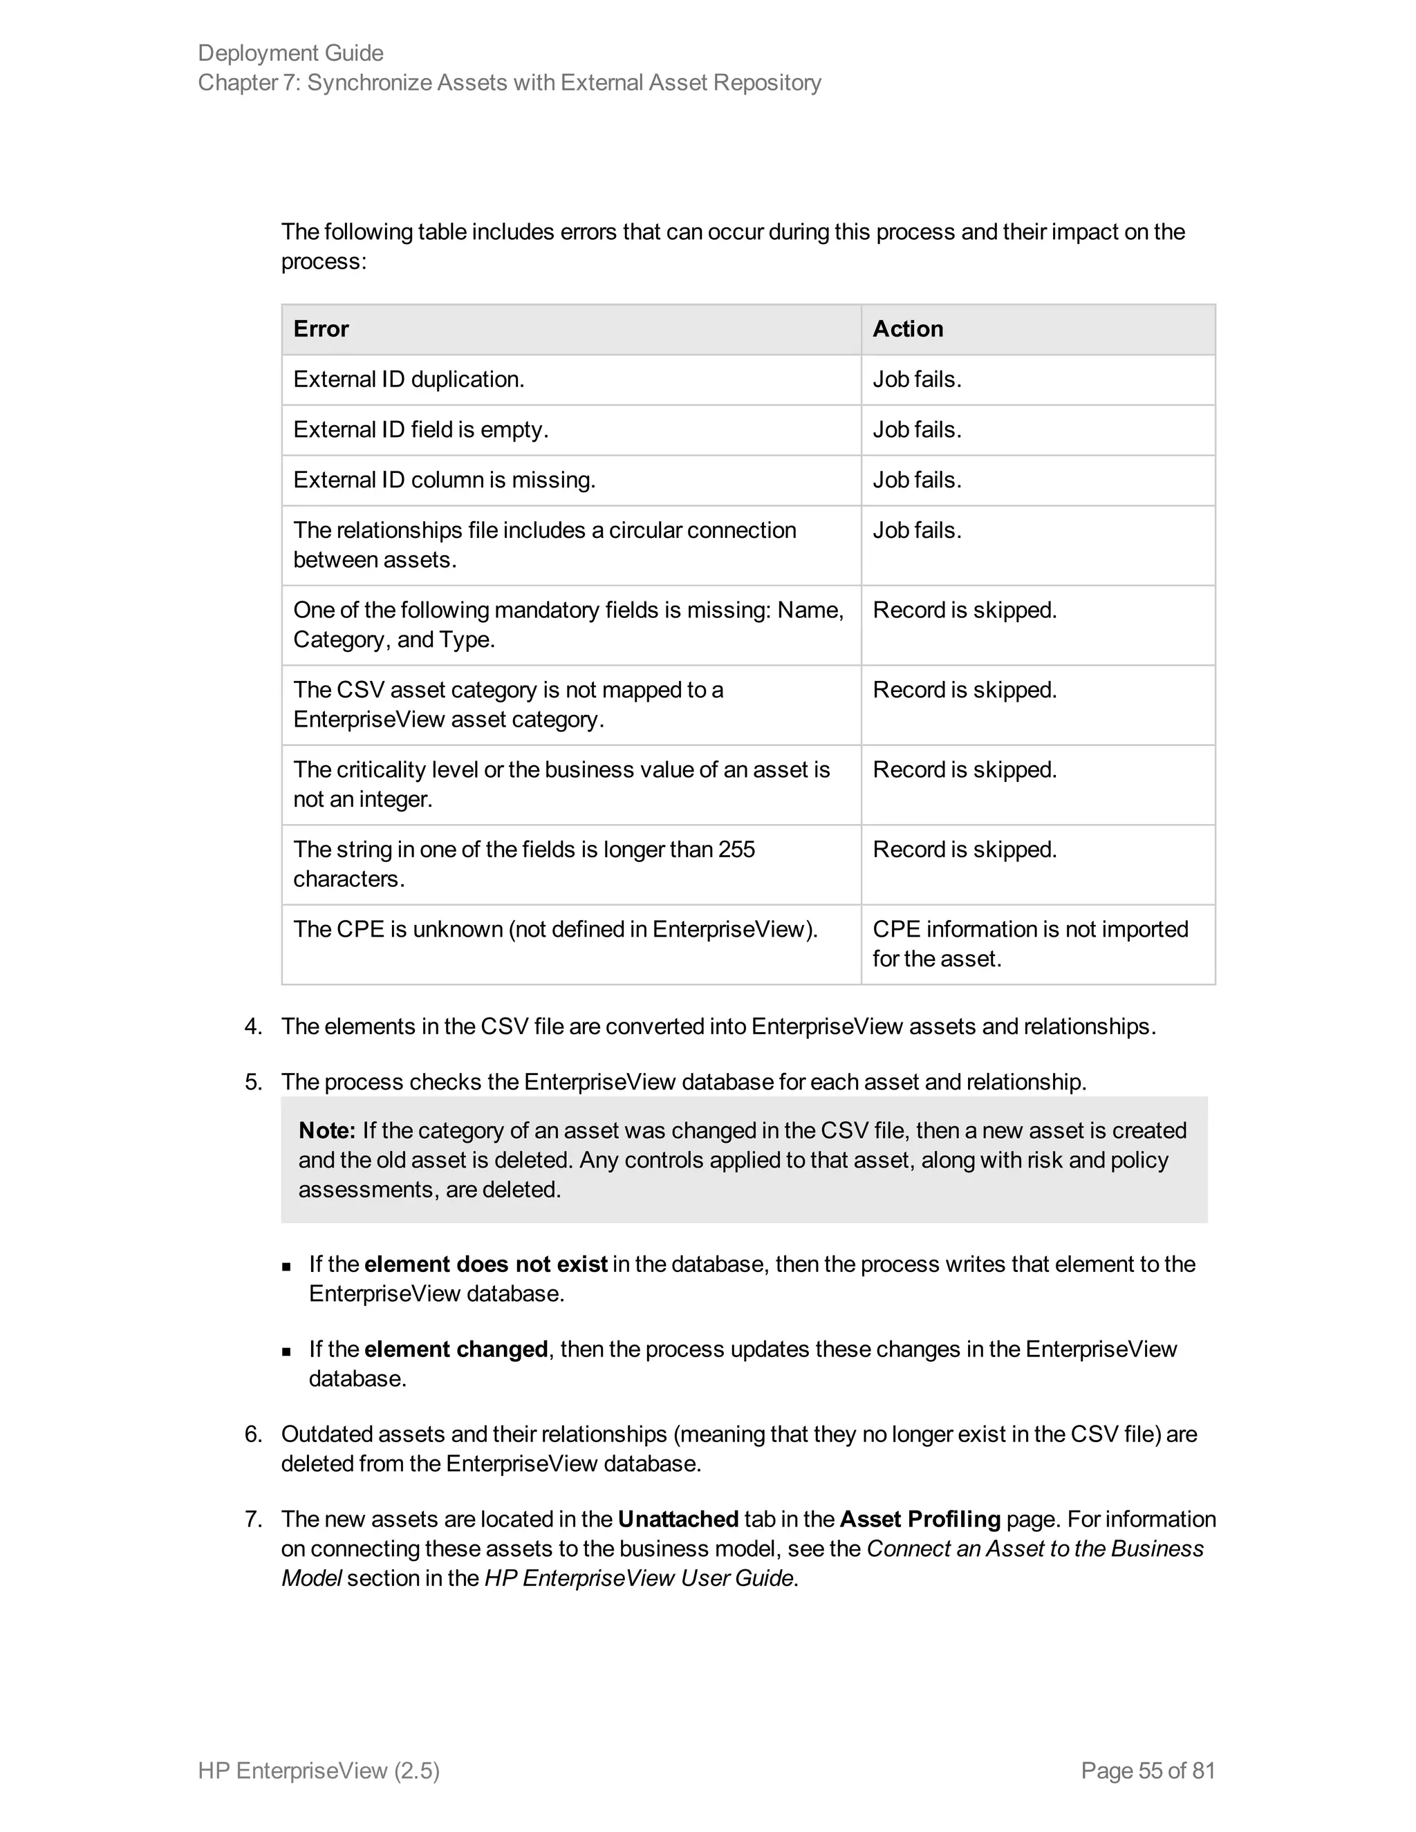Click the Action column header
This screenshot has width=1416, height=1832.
tap(908, 329)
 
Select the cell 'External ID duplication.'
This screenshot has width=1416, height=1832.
tap(409, 379)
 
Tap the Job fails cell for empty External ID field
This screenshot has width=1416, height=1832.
tap(917, 429)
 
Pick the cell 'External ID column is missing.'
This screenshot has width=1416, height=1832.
tap(444, 480)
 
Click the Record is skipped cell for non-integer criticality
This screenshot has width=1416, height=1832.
tap(965, 769)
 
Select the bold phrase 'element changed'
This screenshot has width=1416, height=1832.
tap(456, 1349)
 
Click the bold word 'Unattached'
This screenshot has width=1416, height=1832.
tap(678, 1518)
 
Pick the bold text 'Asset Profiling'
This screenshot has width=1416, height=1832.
tap(920, 1518)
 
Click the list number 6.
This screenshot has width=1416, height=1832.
tap(252, 1434)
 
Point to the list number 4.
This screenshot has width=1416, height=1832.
tap(252, 1026)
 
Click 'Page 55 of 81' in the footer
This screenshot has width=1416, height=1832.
tap(1148, 1770)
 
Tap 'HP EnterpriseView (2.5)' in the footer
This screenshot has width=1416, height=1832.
tap(319, 1770)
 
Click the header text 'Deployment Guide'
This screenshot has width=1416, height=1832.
tap(290, 53)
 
